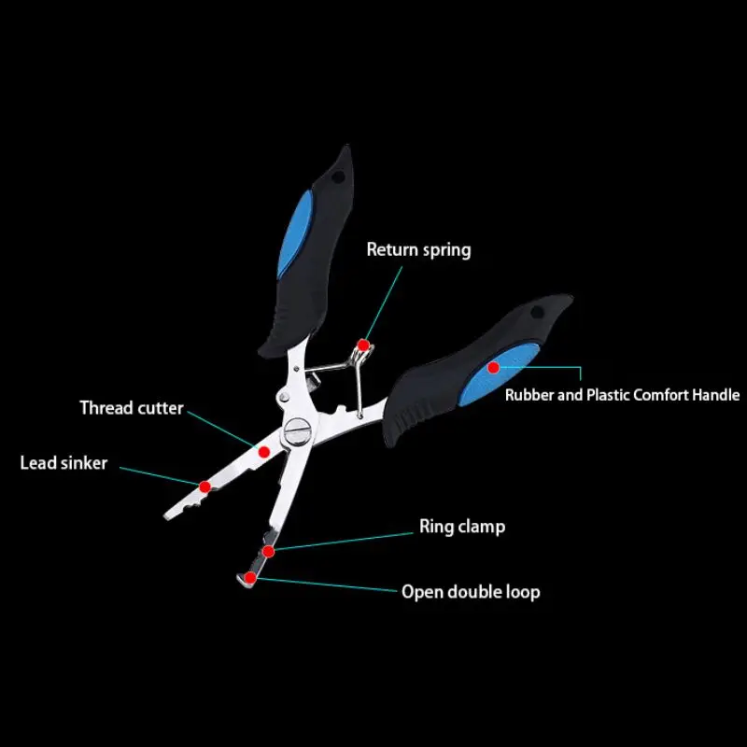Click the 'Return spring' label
[x=418, y=250]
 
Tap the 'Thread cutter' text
[x=132, y=408]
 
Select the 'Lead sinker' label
[x=63, y=463]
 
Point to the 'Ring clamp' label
[x=462, y=527]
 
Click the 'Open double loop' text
[x=471, y=592]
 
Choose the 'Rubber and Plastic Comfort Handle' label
[x=622, y=395]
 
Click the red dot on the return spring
[x=363, y=345]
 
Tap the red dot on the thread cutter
[x=264, y=452]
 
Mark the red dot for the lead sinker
[x=204, y=486]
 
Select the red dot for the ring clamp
[x=269, y=551]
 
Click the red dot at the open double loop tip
[x=250, y=578]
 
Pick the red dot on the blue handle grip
[x=494, y=367]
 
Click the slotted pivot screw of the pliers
[x=297, y=431]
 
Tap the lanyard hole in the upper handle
[x=338, y=177]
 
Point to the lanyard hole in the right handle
[x=537, y=313]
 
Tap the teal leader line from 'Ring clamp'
[x=344, y=542]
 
